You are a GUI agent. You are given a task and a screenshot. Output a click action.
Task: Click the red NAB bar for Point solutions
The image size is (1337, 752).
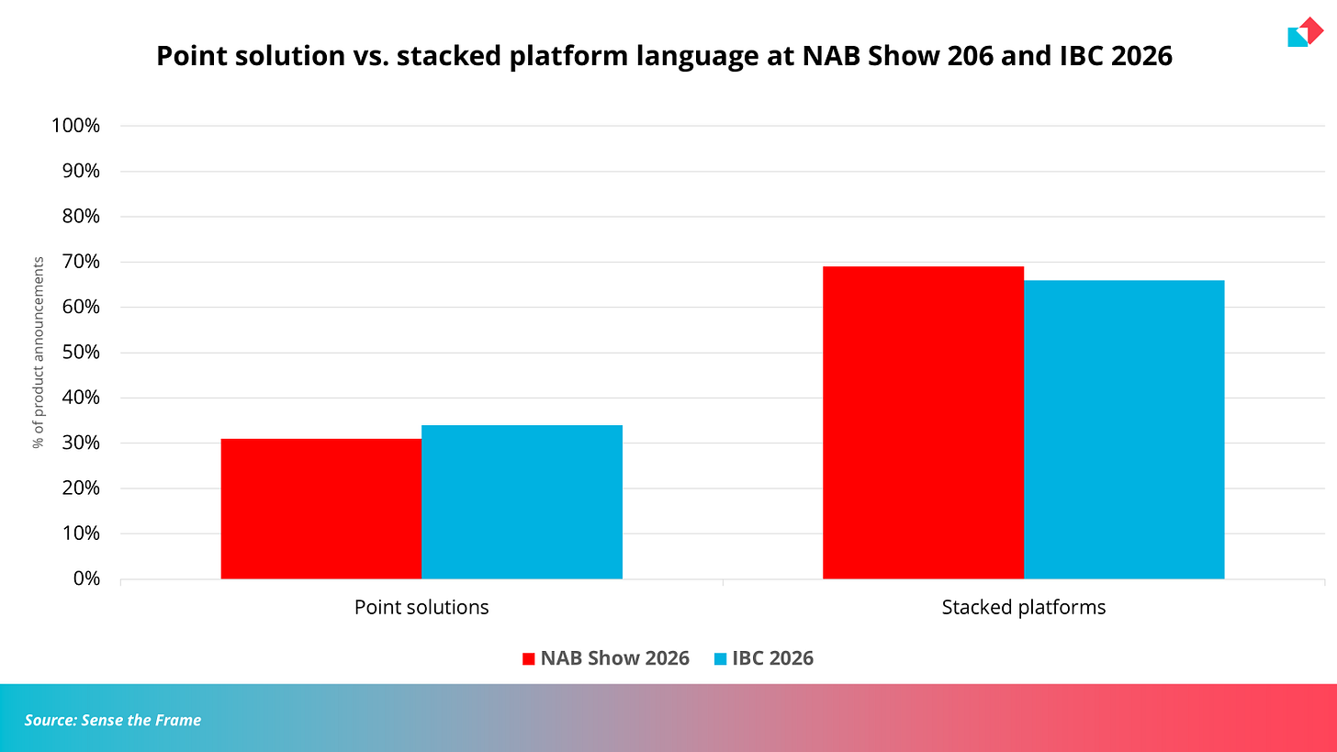(x=321, y=509)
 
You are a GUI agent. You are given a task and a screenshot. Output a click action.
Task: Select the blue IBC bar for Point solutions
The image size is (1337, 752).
(x=522, y=502)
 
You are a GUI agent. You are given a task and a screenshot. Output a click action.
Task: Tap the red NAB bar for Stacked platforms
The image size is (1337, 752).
(x=924, y=422)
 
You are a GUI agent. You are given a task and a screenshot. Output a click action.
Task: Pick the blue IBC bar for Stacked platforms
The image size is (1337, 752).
(x=1124, y=430)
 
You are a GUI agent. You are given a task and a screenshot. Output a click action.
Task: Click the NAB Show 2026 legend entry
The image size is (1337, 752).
(x=606, y=658)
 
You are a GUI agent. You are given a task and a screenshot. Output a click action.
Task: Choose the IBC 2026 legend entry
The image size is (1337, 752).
(x=763, y=658)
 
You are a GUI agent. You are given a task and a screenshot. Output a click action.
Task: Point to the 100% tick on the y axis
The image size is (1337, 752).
(x=76, y=125)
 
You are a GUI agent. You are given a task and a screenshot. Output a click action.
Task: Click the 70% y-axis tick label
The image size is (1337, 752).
(x=81, y=262)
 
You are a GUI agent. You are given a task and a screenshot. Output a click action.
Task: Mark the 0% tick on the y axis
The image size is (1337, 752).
(x=86, y=578)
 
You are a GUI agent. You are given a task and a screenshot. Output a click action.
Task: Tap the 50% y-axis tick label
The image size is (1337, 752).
(x=81, y=353)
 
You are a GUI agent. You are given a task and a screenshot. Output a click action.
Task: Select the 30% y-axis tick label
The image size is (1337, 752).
(x=81, y=443)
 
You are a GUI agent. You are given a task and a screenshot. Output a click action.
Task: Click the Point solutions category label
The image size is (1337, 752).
(x=421, y=608)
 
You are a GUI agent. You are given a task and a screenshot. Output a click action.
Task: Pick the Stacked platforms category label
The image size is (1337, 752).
(x=1024, y=608)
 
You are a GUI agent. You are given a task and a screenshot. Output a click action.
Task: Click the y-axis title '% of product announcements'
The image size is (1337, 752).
(x=39, y=353)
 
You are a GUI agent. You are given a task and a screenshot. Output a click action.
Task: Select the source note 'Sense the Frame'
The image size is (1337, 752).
(x=140, y=721)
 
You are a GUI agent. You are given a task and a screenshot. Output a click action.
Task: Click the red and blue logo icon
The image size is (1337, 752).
(x=1306, y=31)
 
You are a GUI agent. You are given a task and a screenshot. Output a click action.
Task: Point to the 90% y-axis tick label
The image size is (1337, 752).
(x=81, y=171)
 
